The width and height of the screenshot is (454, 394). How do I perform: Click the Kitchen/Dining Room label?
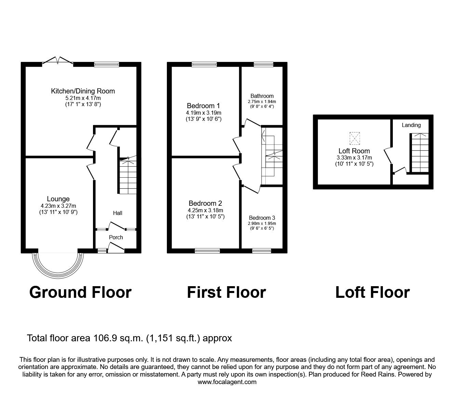click(x=83, y=91)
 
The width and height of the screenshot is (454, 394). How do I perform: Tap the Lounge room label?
click(x=58, y=199)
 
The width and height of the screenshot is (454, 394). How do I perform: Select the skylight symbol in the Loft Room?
click(x=355, y=138)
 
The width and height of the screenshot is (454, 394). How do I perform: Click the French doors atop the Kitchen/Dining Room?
click(x=57, y=61)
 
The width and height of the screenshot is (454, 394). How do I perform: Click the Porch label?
click(x=116, y=237)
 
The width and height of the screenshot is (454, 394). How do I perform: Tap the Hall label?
click(x=118, y=213)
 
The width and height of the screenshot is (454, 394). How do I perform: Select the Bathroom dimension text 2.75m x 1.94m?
click(x=262, y=102)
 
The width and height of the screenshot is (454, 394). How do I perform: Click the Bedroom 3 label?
click(x=262, y=218)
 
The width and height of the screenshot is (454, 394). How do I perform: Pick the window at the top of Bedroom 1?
click(x=204, y=64)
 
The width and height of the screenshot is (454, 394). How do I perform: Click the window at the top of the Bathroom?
click(x=263, y=64)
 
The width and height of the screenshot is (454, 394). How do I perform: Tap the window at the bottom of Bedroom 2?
click(x=207, y=251)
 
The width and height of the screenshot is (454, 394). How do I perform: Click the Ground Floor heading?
click(x=80, y=292)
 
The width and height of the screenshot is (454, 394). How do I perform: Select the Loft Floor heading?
click(x=372, y=292)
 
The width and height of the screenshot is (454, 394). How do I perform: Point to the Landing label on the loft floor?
click(x=411, y=125)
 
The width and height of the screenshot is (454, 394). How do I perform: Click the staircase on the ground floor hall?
click(x=128, y=176)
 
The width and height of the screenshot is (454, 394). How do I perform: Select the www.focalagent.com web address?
click(x=227, y=382)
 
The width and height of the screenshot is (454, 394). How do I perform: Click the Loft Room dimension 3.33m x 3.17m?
click(x=354, y=157)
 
